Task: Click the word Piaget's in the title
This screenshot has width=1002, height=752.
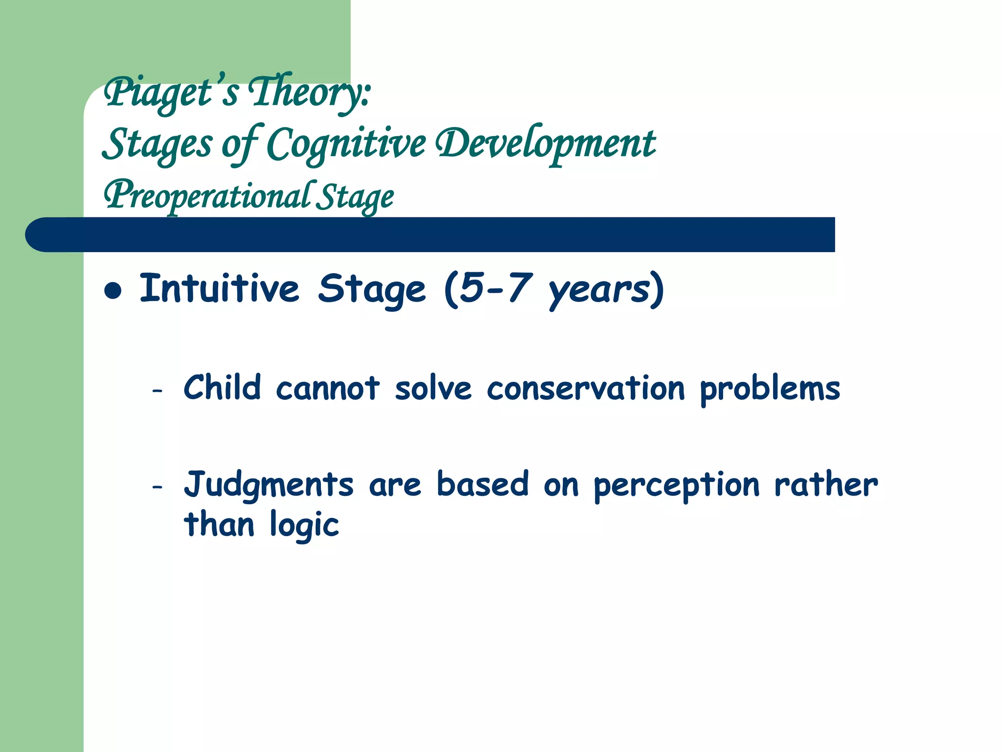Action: (171, 93)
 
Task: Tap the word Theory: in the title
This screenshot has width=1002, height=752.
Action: (309, 93)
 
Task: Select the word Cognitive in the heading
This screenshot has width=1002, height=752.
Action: (346, 144)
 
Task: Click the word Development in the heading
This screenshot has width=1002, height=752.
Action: (546, 144)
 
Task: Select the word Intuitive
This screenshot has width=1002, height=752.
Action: (219, 289)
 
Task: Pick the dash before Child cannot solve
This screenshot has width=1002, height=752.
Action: (157, 391)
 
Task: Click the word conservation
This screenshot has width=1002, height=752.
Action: (586, 389)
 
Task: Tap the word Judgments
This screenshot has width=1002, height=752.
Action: (268, 485)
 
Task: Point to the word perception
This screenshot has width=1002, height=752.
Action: (677, 486)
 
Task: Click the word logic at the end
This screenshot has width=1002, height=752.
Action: (304, 525)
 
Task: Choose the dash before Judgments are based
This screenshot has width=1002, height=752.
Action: (157, 487)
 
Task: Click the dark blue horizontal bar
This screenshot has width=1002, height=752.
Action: (431, 235)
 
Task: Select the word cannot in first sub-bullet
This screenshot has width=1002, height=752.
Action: (328, 389)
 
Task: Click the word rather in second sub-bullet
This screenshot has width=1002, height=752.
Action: (826, 485)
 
